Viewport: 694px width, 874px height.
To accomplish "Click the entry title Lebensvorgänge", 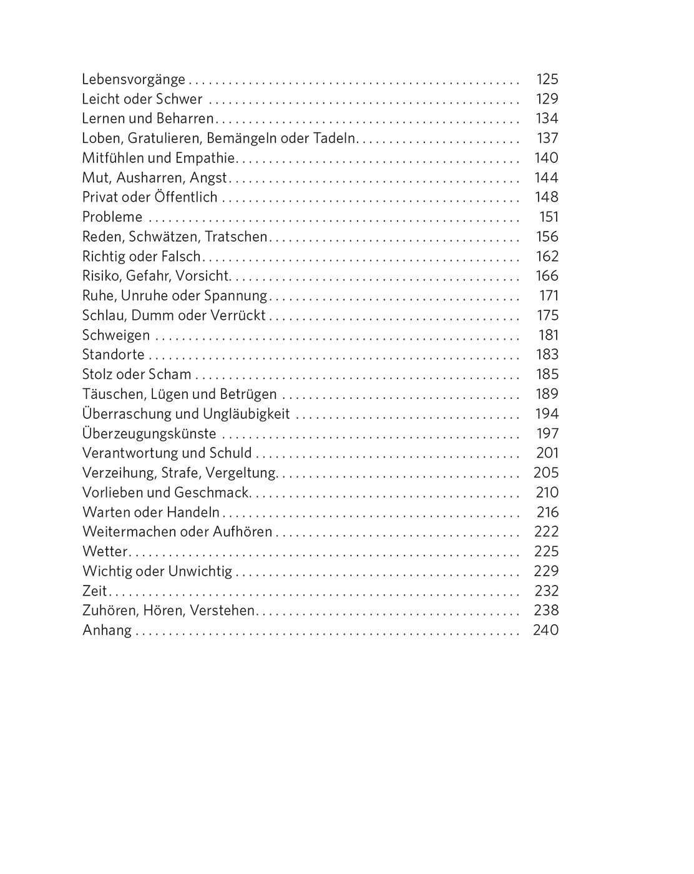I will coord(134,79).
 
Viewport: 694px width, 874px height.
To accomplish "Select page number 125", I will coord(547,79).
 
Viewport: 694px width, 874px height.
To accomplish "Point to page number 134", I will coord(547,119).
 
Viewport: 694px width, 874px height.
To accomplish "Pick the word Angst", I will coord(208,178).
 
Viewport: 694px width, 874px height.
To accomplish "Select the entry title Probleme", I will coord(112,217).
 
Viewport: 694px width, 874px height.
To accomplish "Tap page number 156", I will coord(547,237).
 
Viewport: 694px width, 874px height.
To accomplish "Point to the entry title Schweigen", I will coord(116,335).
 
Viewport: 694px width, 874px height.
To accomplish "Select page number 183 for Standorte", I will coord(547,355).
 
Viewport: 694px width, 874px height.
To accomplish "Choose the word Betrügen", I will coord(248,395).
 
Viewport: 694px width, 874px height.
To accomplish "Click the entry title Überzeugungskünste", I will coord(149,434).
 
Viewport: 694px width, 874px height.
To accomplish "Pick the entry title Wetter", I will coord(105,552).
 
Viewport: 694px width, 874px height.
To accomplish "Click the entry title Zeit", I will coord(94,591).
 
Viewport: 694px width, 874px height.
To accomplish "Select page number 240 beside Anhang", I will coord(545,631).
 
